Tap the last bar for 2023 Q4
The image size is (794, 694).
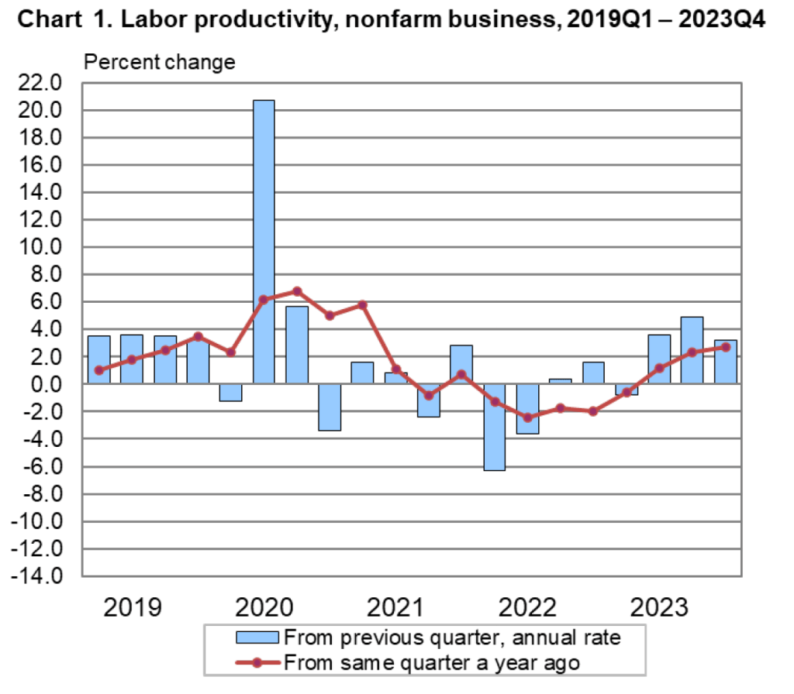coord(726,362)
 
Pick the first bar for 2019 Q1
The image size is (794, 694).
coord(98,359)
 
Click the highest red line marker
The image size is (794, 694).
coord(297,291)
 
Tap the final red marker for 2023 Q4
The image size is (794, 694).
coord(726,347)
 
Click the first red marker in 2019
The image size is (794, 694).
coord(98,370)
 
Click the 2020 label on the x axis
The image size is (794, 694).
coord(264,606)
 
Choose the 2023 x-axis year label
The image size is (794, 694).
coord(660,606)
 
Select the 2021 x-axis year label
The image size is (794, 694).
coord(395,606)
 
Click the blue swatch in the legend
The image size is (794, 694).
coord(257,637)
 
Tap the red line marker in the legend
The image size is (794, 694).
coord(257,662)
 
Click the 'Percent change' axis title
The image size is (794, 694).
coord(159,62)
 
